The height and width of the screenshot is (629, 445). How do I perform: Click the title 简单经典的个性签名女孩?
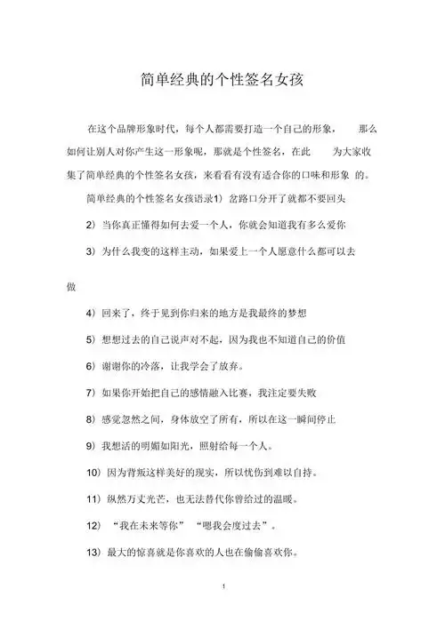click(x=222, y=80)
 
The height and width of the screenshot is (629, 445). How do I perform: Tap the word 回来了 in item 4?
click(x=119, y=314)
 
